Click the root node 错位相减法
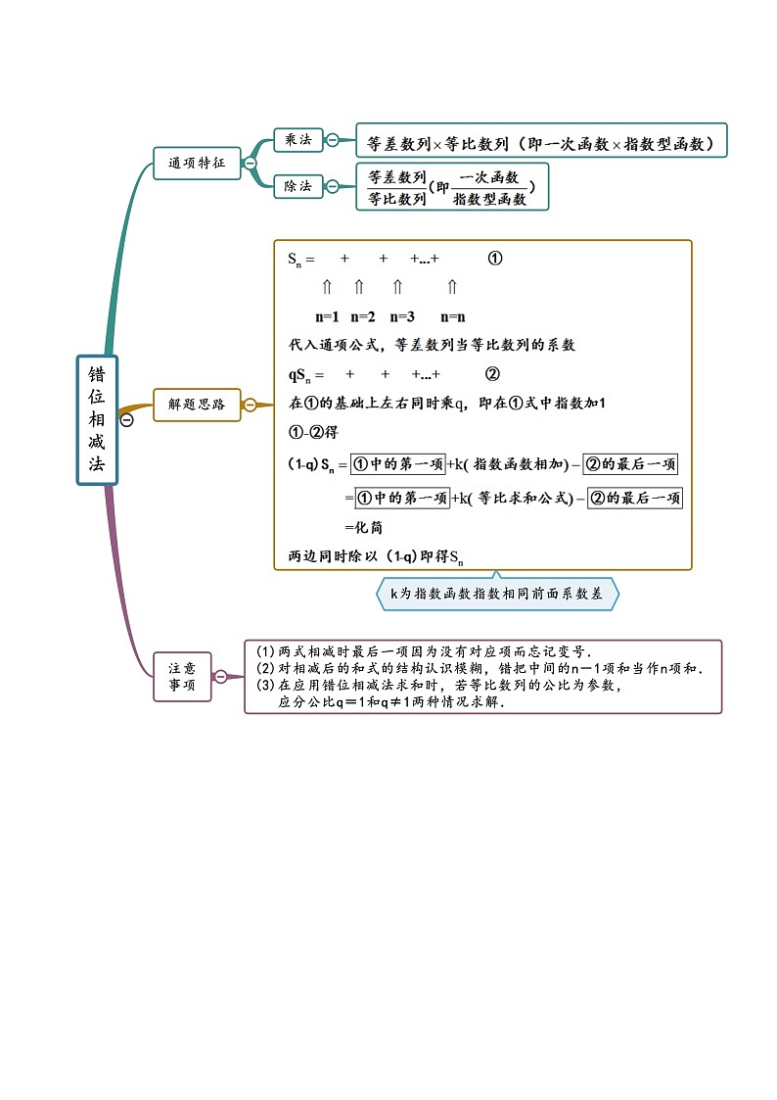point(97,419)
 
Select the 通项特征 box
point(197,163)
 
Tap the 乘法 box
point(297,140)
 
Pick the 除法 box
point(297,185)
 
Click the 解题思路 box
point(197,404)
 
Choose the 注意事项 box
point(182,676)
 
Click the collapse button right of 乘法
point(333,140)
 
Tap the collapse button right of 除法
point(333,185)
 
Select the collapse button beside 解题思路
point(251,404)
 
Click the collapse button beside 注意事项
point(221,676)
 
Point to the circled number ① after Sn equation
point(494,260)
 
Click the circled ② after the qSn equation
point(492,374)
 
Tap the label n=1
point(327,316)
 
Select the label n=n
point(452,316)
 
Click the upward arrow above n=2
point(358,287)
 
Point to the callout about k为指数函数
point(497,593)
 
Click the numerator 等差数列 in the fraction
point(396,177)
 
